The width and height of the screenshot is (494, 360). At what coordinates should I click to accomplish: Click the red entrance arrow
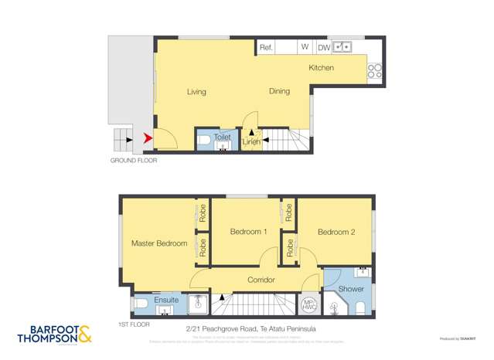147,139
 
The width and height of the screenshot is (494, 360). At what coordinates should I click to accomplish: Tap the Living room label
196,92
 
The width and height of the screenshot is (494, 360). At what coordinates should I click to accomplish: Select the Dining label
279,91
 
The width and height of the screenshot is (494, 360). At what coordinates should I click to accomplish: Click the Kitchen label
321,68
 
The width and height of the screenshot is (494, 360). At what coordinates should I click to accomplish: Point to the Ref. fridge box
266,47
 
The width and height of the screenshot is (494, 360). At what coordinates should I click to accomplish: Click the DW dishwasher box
323,47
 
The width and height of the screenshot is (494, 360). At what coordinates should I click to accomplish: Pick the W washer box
305,47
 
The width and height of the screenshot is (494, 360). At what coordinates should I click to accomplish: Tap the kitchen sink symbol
342,47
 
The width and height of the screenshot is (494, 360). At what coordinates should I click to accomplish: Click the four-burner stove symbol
375,71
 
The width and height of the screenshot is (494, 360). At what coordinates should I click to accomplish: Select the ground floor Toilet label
222,137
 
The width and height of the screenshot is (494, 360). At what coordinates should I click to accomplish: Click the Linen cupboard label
250,142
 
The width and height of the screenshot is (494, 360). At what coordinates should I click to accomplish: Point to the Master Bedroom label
159,243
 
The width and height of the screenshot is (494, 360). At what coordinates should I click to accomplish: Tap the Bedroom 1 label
248,232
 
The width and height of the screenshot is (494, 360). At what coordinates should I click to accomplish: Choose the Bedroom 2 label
336,232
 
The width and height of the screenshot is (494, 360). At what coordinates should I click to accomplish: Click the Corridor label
261,280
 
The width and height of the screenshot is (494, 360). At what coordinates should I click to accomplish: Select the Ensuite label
166,300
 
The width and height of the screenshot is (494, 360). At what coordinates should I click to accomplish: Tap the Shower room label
351,289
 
